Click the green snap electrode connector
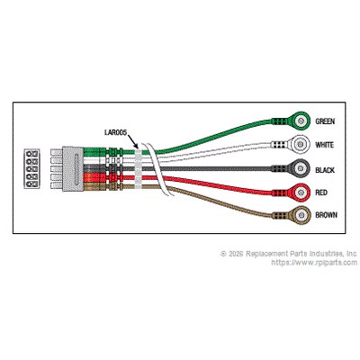click(291, 121)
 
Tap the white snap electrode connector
click(291, 144)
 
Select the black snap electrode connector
click(291, 168)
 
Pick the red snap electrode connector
click(291, 192)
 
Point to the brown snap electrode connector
click(291, 215)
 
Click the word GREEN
click(325, 121)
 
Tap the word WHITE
click(324, 145)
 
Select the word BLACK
click(325, 170)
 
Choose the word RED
click(321, 193)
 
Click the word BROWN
click(326, 215)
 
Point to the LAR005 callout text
click(116, 132)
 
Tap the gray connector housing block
click(73, 169)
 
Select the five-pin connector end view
click(31, 168)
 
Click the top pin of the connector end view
click(31, 154)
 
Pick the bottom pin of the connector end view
click(31, 184)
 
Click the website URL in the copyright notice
click(314, 263)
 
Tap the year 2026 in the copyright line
click(236, 254)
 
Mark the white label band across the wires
click(139, 168)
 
